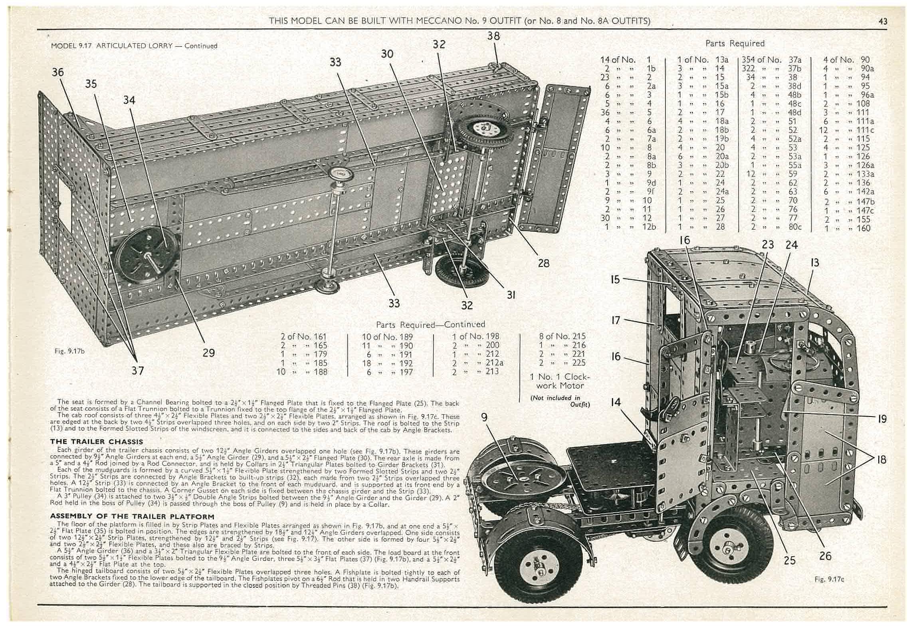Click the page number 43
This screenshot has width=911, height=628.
coord(883,21)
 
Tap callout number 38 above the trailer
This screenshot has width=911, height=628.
coord(493,36)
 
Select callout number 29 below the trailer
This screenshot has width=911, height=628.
coord(208,353)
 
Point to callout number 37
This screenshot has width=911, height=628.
coord(138,371)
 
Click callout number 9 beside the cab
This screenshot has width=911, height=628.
coord(484,417)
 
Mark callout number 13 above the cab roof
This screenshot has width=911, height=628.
coord(814,262)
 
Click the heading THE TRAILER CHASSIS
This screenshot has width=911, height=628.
coord(96,442)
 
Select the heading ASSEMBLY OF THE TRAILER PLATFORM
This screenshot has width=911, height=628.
coord(132,516)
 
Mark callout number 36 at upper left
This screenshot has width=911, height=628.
coord(58,72)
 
